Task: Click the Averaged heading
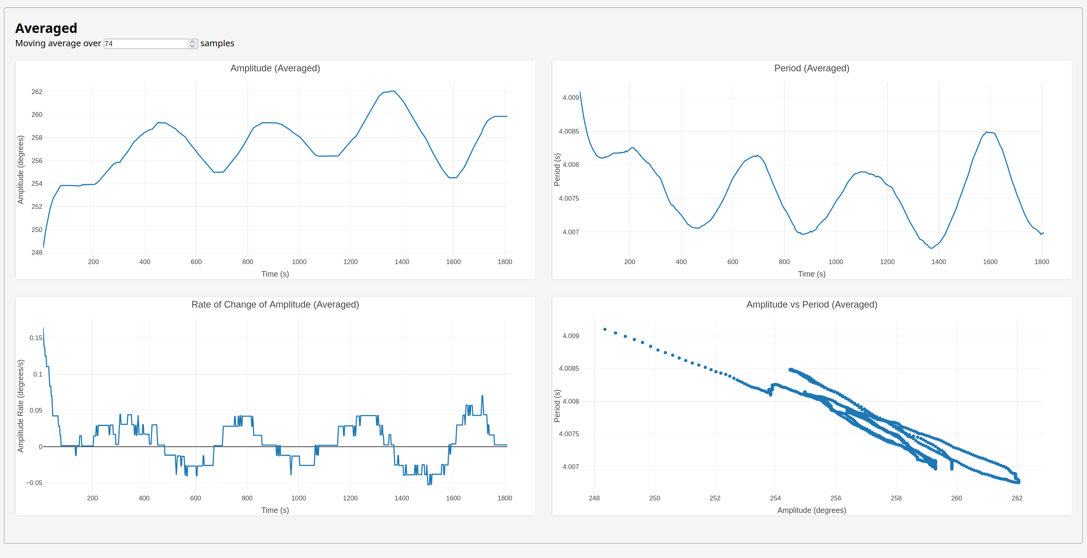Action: coord(46,28)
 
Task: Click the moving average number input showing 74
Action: coord(145,43)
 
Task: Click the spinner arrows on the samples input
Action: coord(192,43)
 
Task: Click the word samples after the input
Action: coord(217,43)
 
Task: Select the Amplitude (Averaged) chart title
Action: coord(275,68)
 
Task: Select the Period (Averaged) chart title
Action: coord(811,68)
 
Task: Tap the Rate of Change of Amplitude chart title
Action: coord(275,304)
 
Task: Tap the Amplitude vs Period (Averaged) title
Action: coord(811,304)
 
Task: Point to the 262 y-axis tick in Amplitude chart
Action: coord(37,92)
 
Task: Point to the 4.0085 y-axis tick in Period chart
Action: coord(569,132)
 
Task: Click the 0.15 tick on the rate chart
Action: coord(36,338)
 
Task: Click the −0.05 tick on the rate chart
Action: coord(34,483)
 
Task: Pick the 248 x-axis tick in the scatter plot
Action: coord(594,498)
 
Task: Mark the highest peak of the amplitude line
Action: coord(392,91)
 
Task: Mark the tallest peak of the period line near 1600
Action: coord(987,132)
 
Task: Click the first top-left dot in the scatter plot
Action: coord(605,330)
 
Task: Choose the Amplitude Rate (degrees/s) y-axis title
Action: coord(21,406)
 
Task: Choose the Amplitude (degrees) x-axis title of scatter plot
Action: coord(811,510)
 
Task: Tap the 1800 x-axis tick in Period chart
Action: coord(1042,262)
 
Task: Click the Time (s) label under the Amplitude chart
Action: coord(275,274)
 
